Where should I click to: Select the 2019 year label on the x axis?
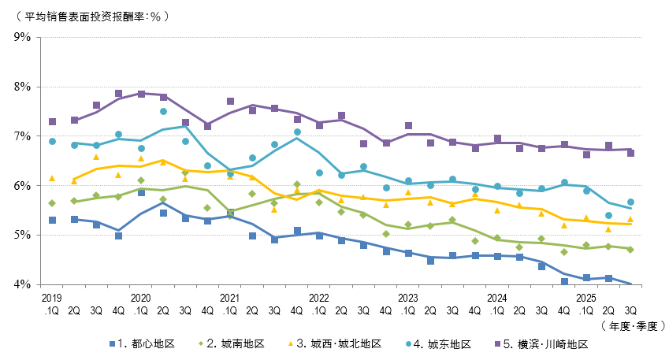pyautogui.click(x=52, y=299)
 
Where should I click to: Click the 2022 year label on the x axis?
pyautogui.click(x=319, y=299)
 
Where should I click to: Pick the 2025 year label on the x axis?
pyautogui.click(x=586, y=299)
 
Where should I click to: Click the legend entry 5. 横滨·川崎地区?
pyautogui.click(x=547, y=344)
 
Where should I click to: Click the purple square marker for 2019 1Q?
pyautogui.click(x=52, y=122)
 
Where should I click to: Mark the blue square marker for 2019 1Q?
pyautogui.click(x=52, y=221)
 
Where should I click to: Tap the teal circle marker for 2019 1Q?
pyautogui.click(x=52, y=142)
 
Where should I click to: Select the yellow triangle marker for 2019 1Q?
pyautogui.click(x=52, y=178)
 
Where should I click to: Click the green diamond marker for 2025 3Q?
pyautogui.click(x=630, y=250)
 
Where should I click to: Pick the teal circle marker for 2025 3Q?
pyautogui.click(x=630, y=202)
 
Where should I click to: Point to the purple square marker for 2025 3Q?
pyautogui.click(x=630, y=154)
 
